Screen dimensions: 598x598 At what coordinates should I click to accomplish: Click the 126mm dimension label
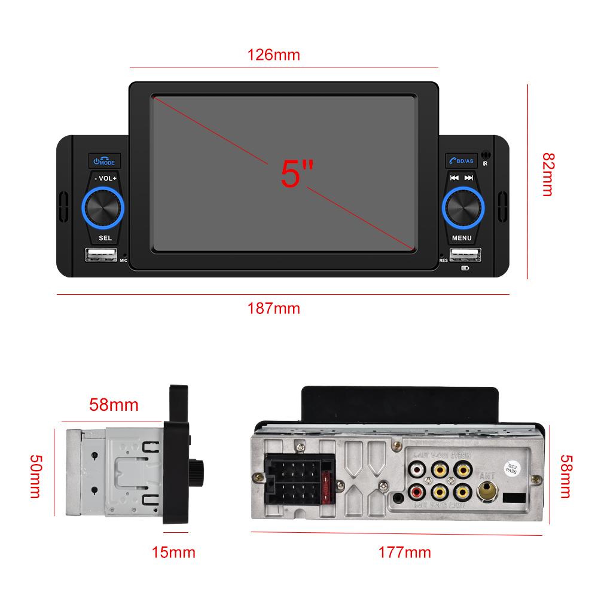[273, 55]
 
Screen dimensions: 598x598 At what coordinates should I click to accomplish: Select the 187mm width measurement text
[273, 309]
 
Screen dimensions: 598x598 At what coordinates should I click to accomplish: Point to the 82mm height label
[548, 173]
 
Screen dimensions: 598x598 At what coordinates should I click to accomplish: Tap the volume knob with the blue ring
[103, 209]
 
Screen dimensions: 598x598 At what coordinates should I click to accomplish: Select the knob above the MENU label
[462, 209]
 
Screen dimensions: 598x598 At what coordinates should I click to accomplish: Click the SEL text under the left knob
[105, 238]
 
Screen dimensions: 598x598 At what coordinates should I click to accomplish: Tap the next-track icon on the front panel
[469, 178]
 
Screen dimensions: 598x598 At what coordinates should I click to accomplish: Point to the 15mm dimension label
[174, 551]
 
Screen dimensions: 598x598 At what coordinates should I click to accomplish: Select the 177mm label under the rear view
[404, 551]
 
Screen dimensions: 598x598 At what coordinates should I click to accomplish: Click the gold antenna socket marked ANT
[486, 493]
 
